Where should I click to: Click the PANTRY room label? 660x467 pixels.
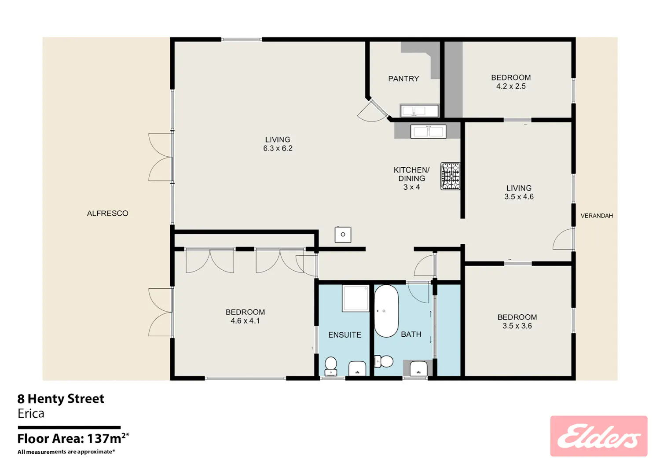click(403, 79)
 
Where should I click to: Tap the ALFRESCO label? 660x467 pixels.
click(107, 213)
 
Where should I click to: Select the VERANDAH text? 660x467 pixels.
click(597, 216)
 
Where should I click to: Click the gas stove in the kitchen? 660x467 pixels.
click(450, 176)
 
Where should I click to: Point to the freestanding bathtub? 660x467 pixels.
click(386, 311)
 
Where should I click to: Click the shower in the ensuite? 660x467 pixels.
click(356, 298)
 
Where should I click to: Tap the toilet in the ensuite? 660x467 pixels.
click(330, 366)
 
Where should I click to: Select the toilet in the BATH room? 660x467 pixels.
click(384, 361)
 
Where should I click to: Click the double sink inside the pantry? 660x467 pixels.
click(419, 111)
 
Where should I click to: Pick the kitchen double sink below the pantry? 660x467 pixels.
click(429, 132)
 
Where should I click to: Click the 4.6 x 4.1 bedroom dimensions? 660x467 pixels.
click(245, 321)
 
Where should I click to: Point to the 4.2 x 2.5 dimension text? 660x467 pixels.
click(511, 86)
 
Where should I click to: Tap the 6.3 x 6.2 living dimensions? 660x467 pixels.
click(278, 148)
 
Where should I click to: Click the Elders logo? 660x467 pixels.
click(599, 436)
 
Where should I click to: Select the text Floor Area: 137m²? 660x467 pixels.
click(73, 438)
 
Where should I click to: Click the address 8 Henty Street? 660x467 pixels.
click(61, 399)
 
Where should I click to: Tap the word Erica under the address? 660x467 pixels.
click(31, 413)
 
